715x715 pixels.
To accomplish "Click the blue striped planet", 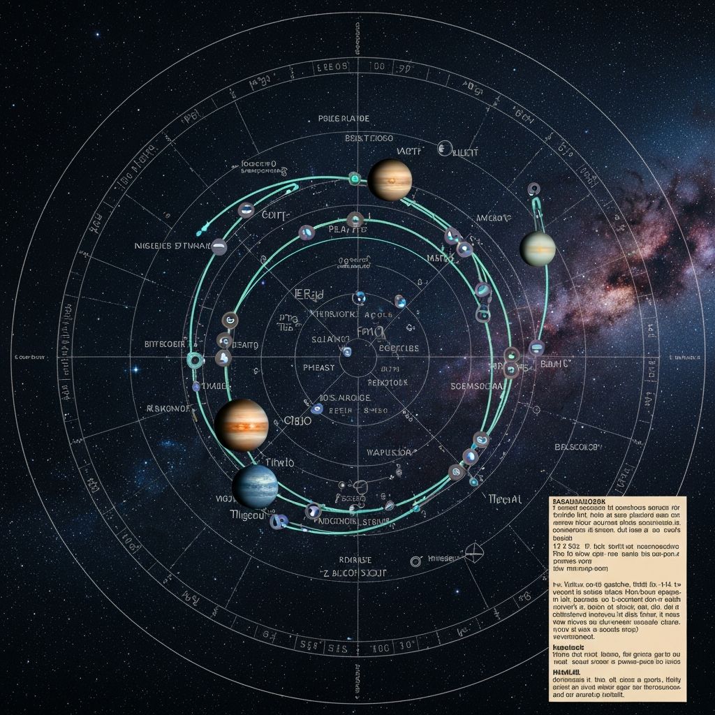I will (x=255, y=487).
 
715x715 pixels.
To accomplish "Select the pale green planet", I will (x=538, y=249).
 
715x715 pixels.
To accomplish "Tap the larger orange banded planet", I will (x=241, y=425).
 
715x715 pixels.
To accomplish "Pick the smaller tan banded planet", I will (x=390, y=180).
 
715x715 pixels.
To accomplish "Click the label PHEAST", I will (x=319, y=368).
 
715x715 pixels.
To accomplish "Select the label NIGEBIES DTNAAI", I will (x=171, y=246).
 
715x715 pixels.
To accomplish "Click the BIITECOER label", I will (x=164, y=344).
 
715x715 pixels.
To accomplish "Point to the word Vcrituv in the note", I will (x=573, y=584).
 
